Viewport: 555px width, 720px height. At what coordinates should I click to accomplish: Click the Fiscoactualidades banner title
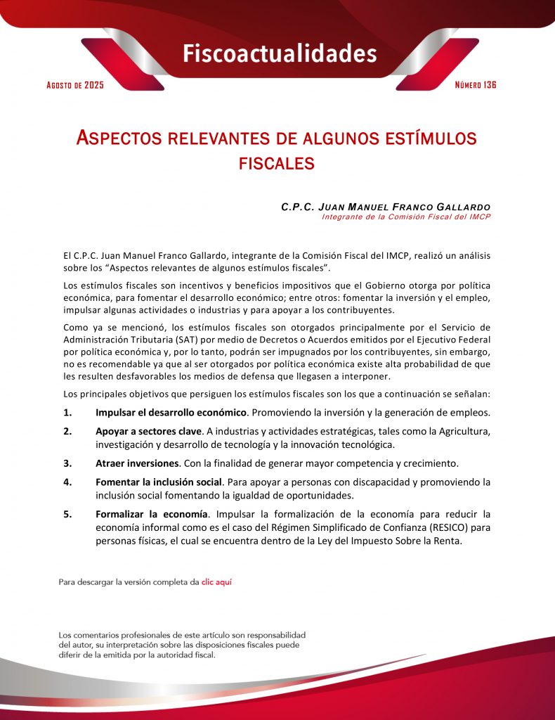(280, 53)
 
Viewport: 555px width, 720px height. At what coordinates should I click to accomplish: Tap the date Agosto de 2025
(75, 85)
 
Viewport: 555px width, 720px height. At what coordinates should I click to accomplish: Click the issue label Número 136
(476, 85)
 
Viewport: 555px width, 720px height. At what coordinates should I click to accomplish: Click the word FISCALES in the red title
(276, 164)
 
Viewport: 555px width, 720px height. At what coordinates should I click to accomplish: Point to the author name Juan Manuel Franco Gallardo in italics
(385, 207)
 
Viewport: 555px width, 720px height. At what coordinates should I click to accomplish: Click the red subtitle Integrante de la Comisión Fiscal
(405, 217)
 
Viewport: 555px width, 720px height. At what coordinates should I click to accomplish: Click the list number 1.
(67, 412)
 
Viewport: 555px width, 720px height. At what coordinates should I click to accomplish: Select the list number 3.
(67, 463)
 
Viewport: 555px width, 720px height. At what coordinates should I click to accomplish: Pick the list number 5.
(67, 514)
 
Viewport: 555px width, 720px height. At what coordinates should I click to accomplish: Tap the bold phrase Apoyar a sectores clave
(149, 431)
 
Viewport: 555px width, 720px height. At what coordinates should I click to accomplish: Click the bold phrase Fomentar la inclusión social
(159, 482)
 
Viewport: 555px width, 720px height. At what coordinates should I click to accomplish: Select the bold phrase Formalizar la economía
(152, 514)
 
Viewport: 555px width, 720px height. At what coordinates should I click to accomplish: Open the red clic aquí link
(216, 582)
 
